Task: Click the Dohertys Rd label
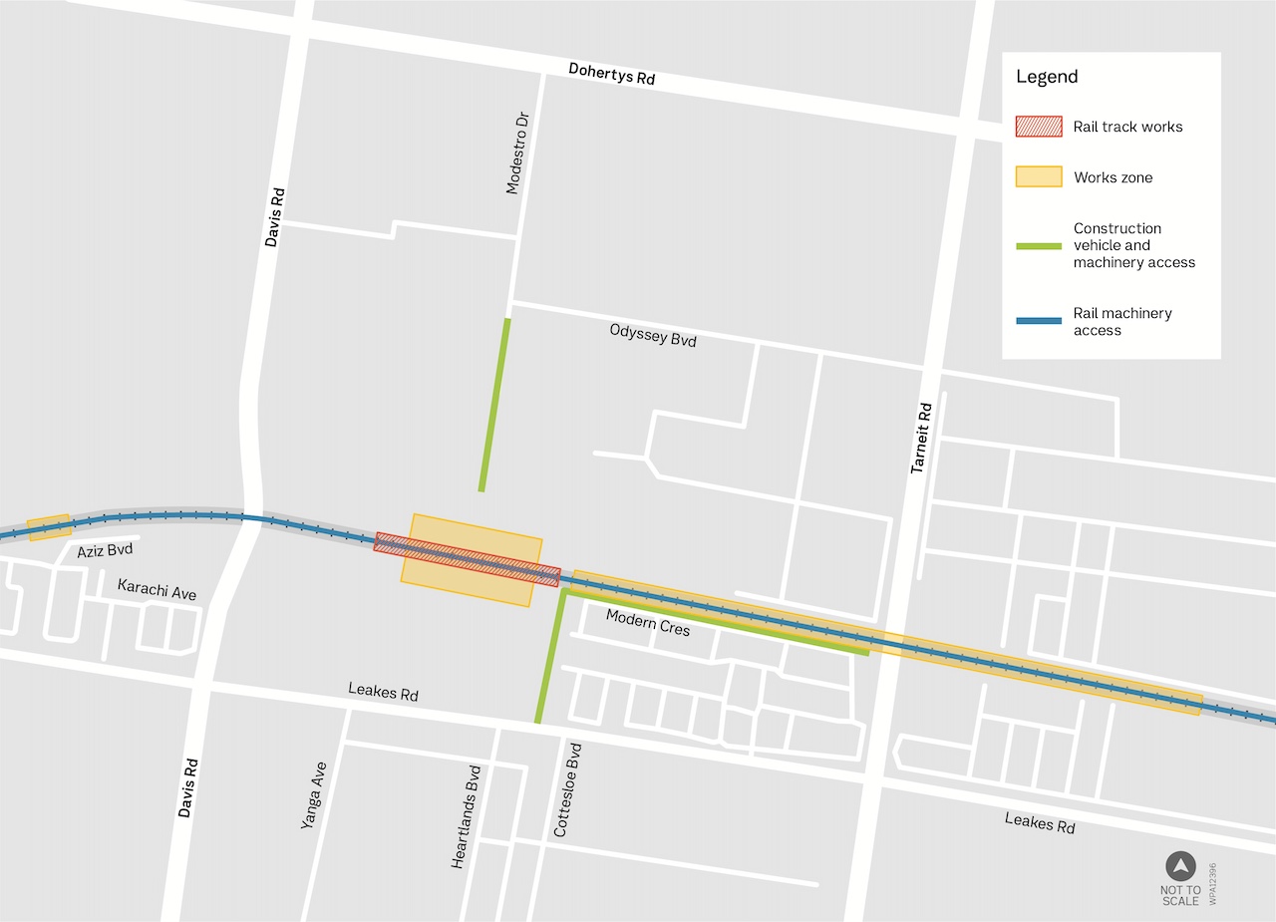pyautogui.click(x=611, y=74)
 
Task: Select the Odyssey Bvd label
pyautogui.click(x=653, y=334)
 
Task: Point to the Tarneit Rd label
pyautogui.click(x=921, y=437)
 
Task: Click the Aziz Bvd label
pyautogui.click(x=105, y=550)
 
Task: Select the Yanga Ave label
pyautogui.click(x=313, y=795)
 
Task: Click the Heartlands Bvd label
pyautogui.click(x=466, y=816)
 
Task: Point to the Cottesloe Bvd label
pyautogui.click(x=567, y=788)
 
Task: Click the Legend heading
pyautogui.click(x=1047, y=77)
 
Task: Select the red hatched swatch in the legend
pyautogui.click(x=1038, y=127)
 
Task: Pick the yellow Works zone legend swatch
pyautogui.click(x=1038, y=177)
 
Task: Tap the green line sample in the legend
pyautogui.click(x=1038, y=245)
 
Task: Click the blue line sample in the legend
pyautogui.click(x=1038, y=321)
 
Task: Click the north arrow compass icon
pyautogui.click(x=1180, y=866)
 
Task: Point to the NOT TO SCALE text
pyautogui.click(x=1180, y=895)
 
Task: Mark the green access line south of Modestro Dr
pyautogui.click(x=494, y=405)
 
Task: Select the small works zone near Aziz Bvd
pyautogui.click(x=49, y=527)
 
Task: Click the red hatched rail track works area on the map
pyautogui.click(x=467, y=558)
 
